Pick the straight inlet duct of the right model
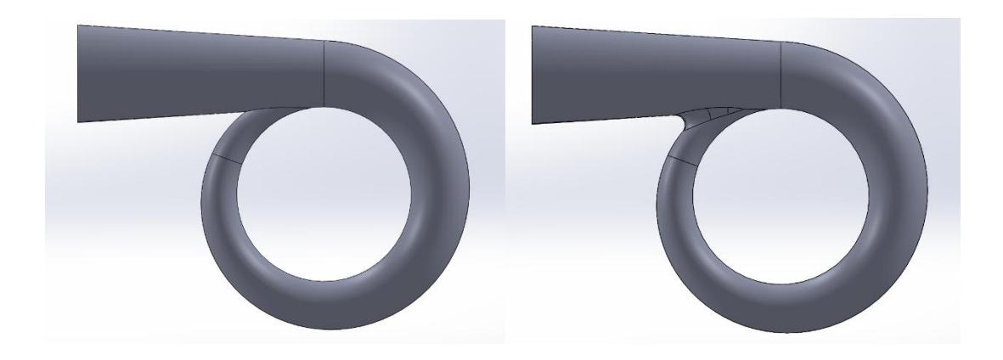(654, 72)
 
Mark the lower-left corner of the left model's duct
(78, 121)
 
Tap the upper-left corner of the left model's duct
(78, 25)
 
